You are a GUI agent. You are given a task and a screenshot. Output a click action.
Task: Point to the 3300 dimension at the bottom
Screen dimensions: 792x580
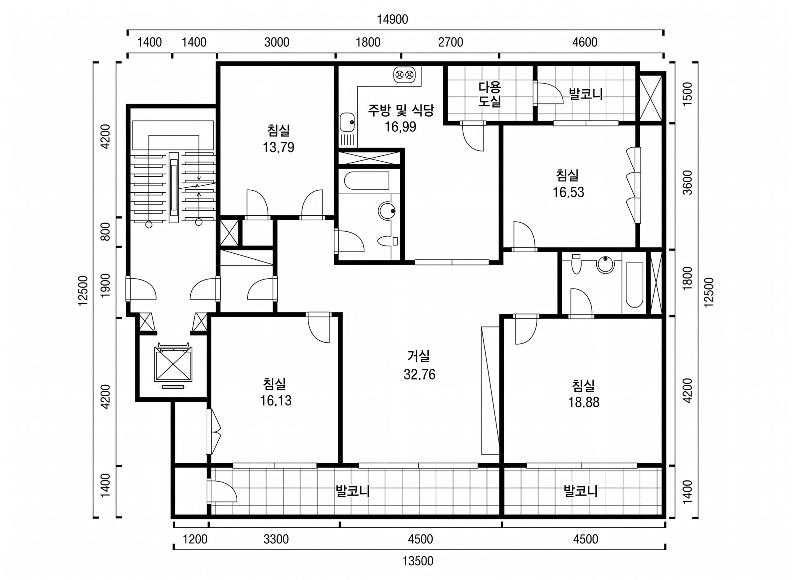[x=276, y=539]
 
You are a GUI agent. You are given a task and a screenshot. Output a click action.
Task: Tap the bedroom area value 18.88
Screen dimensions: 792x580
[x=583, y=402]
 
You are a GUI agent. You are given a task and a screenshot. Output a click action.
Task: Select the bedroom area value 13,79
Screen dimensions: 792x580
[x=278, y=147]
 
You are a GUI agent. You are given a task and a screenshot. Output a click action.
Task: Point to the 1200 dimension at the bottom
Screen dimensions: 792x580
[x=195, y=539]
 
